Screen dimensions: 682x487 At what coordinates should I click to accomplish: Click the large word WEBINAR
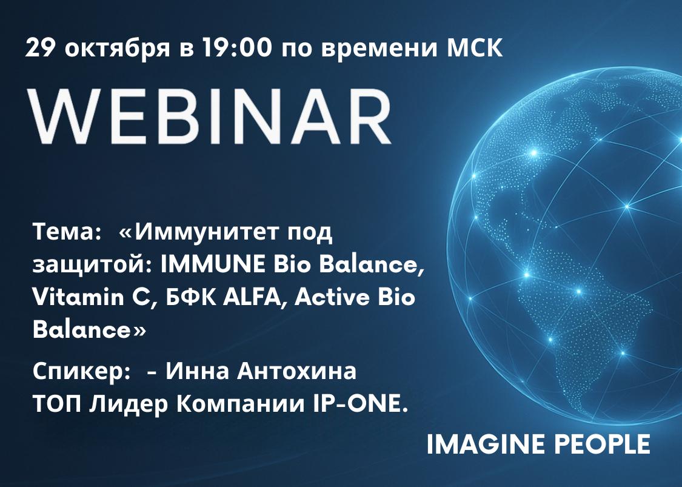(209, 116)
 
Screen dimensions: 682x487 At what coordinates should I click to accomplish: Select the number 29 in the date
(40, 47)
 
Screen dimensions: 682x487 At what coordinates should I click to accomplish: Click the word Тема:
(64, 232)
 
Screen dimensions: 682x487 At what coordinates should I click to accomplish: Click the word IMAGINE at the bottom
(486, 445)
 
